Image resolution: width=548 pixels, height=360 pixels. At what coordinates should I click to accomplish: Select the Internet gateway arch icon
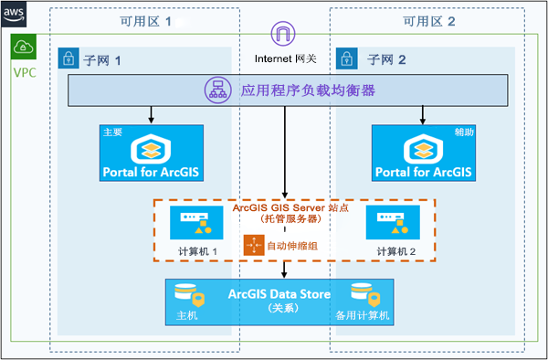285,36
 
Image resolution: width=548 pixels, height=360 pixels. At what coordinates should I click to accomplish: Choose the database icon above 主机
186,294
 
